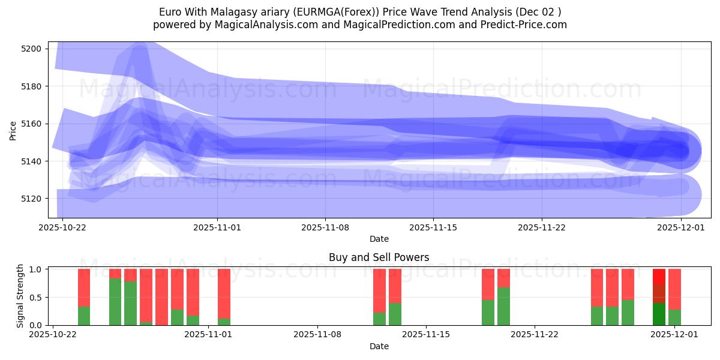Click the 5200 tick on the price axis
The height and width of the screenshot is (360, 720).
point(31,49)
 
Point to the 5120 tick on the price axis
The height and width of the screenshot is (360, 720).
point(31,199)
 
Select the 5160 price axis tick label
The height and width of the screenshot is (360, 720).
point(31,124)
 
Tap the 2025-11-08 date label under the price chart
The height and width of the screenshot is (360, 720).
point(325,227)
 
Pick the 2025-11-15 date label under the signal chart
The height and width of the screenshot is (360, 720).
point(425,335)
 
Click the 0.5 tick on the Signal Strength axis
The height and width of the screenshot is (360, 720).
point(35,297)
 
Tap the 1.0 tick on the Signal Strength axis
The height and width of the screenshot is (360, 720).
point(35,269)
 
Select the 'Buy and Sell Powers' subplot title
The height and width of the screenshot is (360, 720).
point(379,257)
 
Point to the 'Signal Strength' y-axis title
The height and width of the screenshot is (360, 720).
point(20,296)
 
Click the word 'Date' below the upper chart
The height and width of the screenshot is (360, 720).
point(379,239)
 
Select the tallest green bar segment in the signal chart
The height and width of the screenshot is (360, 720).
point(115,301)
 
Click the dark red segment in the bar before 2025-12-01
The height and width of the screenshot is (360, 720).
point(659,293)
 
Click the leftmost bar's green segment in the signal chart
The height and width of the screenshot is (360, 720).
point(84,316)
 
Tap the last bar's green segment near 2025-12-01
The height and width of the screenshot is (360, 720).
point(674,317)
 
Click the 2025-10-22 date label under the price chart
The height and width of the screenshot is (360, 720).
point(63,227)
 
